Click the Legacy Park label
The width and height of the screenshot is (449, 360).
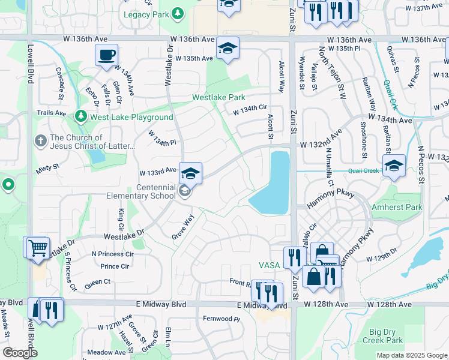[146, 13]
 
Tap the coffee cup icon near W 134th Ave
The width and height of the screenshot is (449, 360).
[106, 55]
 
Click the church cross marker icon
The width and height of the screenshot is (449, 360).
[41, 141]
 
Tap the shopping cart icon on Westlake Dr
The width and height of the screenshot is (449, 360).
[37, 247]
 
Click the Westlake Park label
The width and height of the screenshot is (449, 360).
[218, 97]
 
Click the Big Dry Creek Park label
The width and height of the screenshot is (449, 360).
[386, 335]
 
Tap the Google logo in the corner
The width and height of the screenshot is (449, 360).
[20, 353]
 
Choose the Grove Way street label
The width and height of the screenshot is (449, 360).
[184, 225]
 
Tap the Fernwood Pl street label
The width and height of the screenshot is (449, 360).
[221, 319]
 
